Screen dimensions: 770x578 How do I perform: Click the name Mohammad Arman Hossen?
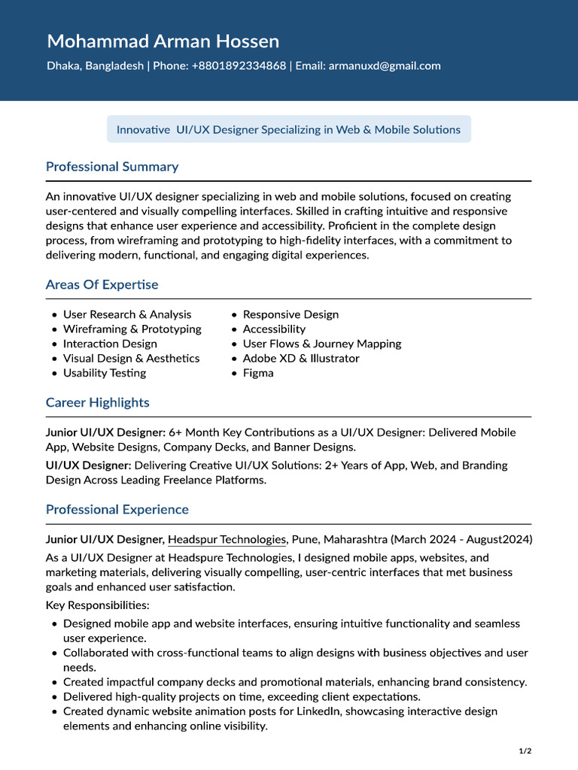[163, 41]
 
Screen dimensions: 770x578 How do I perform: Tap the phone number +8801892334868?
[239, 66]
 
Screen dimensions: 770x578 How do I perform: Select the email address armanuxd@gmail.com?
[385, 66]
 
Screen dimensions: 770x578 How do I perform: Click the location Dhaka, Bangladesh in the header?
[95, 66]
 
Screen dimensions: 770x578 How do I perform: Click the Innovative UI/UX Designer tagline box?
[288, 129]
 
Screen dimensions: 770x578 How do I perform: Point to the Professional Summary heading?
[112, 166]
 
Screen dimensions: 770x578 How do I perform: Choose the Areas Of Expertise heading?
[102, 284]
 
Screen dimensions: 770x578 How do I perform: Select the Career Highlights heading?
[97, 402]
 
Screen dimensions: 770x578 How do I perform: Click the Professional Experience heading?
[117, 509]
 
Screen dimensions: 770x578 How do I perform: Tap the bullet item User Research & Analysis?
[126, 314]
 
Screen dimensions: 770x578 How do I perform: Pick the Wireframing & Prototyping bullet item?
[132, 329]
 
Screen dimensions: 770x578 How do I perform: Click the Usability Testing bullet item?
[105, 373]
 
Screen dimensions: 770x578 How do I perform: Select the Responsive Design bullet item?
[291, 314]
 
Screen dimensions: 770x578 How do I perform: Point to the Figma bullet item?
[258, 373]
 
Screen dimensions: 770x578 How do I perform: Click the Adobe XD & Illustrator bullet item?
[301, 359]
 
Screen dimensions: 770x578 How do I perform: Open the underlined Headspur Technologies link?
[227, 539]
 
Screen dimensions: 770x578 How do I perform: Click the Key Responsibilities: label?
[97, 605]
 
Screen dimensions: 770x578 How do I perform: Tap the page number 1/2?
[525, 751]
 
